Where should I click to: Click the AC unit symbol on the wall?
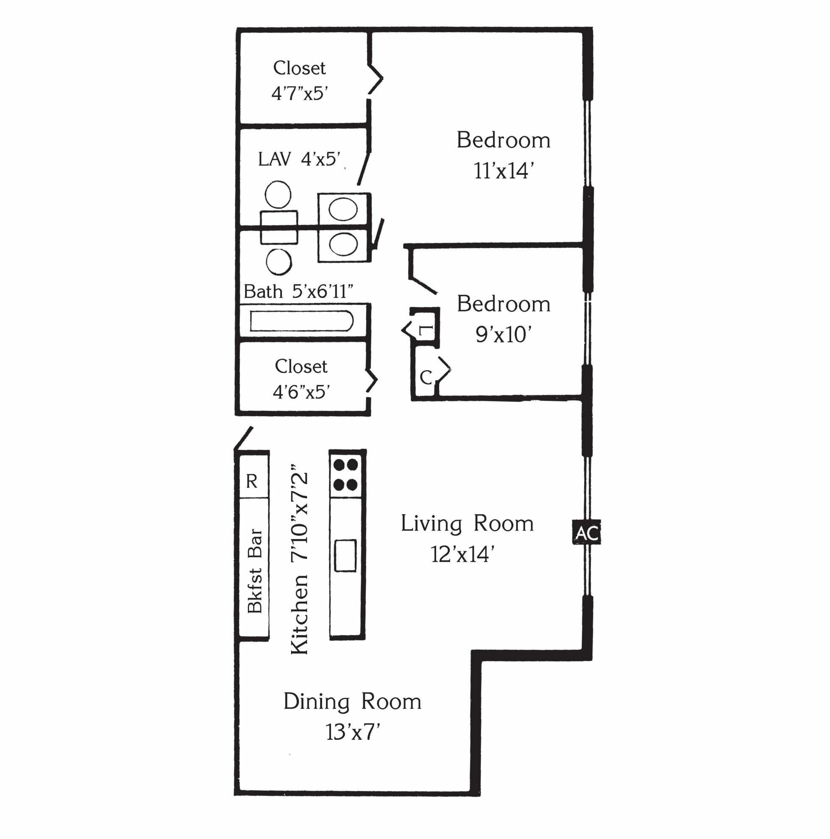[x=586, y=533]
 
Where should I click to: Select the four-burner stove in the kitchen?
[x=347, y=474]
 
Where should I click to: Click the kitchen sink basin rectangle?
[x=345, y=556]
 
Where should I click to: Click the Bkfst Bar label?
[x=255, y=571]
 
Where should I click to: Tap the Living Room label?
[x=467, y=523]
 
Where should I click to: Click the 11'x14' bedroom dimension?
[x=503, y=171]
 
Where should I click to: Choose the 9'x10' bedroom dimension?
[x=503, y=334]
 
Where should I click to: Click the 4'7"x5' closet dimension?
[x=299, y=93]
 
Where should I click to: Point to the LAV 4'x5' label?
[x=299, y=159]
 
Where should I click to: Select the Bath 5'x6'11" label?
[x=298, y=291]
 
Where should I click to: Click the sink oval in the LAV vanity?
[x=343, y=209]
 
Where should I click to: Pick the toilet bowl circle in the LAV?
[x=278, y=194]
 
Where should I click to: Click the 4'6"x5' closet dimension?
[x=301, y=392]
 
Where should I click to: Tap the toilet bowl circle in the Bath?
[x=279, y=262]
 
